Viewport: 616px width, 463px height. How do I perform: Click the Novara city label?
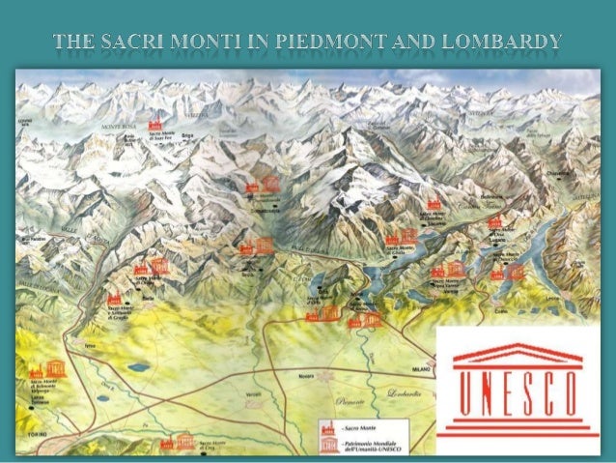[306, 372]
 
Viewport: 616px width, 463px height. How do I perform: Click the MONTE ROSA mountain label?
[115, 127]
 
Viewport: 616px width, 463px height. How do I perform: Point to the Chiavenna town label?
[557, 173]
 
